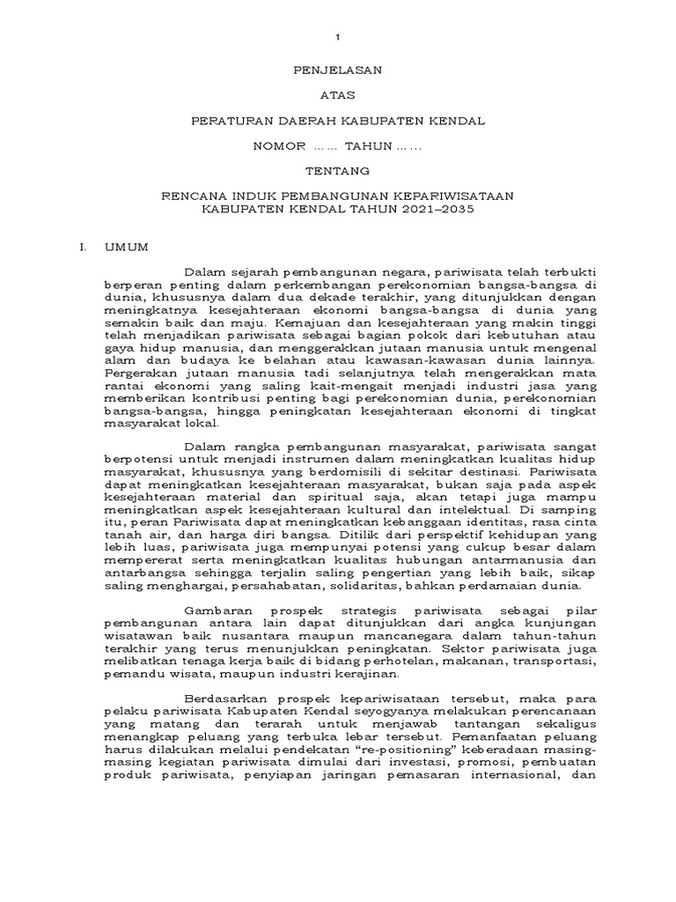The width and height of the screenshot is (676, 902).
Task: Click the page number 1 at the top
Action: tap(337, 37)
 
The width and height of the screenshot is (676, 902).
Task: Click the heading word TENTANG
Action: tap(337, 169)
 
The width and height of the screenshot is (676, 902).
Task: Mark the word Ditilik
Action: tap(334, 535)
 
